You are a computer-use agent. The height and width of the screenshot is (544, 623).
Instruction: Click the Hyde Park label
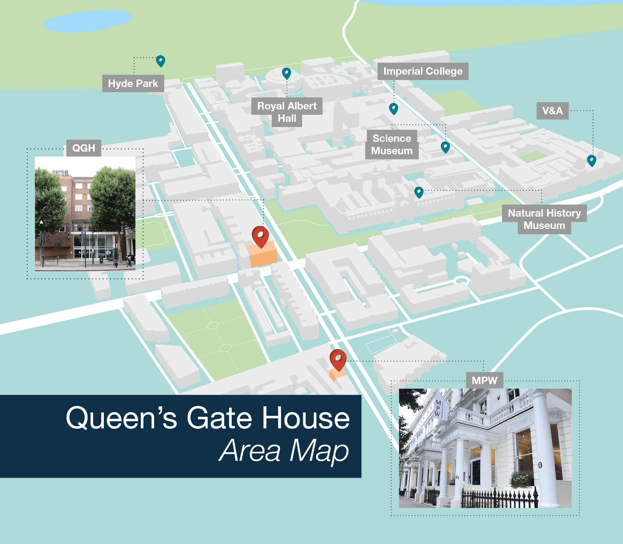point(133,83)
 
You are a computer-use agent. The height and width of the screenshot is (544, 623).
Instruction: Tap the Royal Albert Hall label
point(287,112)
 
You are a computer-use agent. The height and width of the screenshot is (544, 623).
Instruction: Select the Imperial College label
point(423,71)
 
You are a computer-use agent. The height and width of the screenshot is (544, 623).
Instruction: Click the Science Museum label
point(392,145)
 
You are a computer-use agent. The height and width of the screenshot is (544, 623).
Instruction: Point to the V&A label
point(552,111)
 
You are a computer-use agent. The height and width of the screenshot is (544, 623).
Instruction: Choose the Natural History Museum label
point(544,219)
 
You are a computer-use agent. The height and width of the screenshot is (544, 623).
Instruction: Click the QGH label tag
point(84,148)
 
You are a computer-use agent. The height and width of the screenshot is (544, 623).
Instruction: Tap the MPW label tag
point(484,380)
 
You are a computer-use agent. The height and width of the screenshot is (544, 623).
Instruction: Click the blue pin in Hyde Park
point(161,61)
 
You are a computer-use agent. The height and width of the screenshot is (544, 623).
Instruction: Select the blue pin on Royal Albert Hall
point(287,73)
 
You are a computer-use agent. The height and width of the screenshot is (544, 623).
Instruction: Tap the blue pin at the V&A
point(592,160)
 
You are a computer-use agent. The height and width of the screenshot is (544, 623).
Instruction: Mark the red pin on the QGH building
point(260,236)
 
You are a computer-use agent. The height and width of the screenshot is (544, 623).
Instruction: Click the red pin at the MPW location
point(338,360)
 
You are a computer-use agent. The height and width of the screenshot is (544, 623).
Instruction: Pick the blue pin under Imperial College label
point(394,108)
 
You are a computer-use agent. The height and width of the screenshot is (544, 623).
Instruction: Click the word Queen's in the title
point(122,418)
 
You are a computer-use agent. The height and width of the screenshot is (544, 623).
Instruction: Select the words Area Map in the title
point(284,450)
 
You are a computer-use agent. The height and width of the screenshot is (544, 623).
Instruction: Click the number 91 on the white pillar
point(457,477)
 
